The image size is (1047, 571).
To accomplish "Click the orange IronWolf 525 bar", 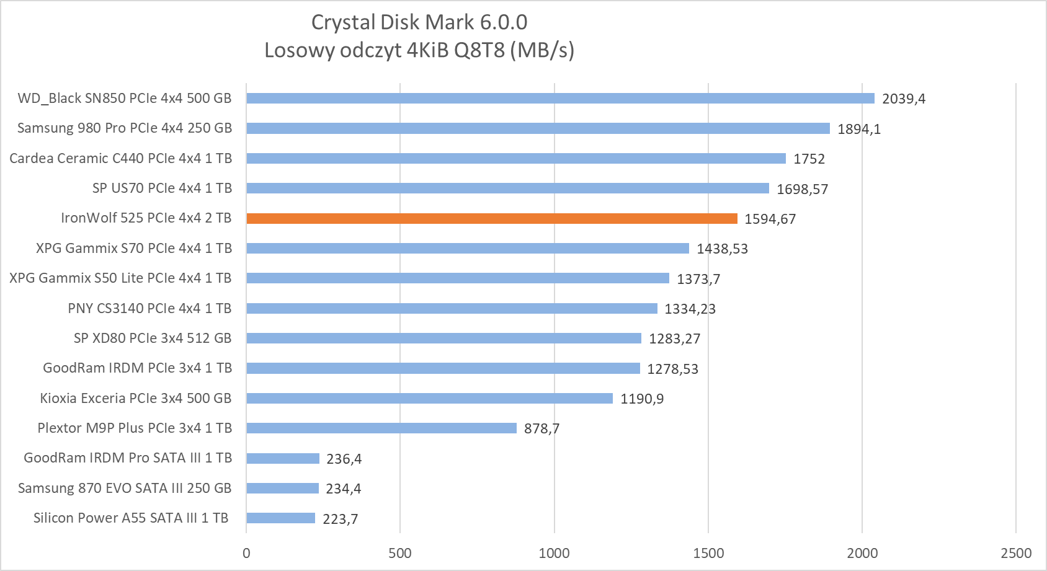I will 491,218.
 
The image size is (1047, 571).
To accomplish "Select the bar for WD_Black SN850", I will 560,98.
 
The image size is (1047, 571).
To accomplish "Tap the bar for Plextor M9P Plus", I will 381,428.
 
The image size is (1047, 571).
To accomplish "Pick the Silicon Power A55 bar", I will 280,518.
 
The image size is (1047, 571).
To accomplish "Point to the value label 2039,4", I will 903,99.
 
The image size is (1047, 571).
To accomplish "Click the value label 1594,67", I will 770,219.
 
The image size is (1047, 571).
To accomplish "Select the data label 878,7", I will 541,428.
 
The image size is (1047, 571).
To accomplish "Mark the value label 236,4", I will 344,459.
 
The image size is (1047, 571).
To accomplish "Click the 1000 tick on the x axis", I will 554,553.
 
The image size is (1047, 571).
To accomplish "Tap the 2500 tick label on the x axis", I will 1016,553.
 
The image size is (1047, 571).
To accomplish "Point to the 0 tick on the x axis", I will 246,553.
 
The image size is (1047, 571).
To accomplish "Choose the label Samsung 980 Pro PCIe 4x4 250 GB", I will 125,128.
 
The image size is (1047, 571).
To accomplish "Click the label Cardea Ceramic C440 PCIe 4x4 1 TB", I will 121,158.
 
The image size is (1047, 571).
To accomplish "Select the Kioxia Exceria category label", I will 136,398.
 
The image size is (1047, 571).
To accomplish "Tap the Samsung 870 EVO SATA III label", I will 125,488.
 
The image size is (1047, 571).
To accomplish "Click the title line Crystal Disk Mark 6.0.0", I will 419,22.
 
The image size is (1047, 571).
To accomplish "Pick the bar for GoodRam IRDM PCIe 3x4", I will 443,368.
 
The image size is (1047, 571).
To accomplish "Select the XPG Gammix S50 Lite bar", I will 457,278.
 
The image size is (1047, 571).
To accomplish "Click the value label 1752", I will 809,159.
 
